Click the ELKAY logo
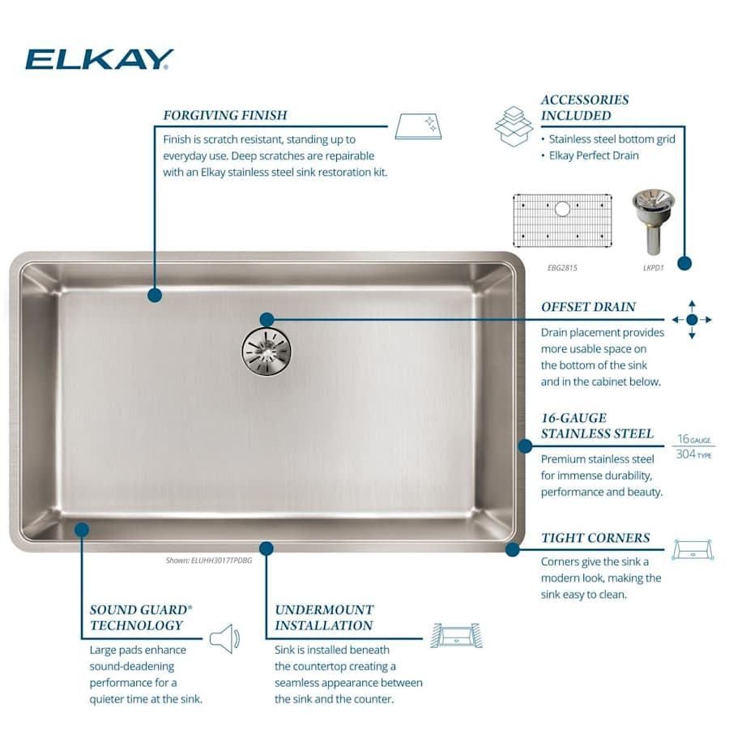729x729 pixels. pyautogui.click(x=99, y=59)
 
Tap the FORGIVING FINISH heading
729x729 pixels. pyautogui.click(x=224, y=115)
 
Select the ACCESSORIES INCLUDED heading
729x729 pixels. pyautogui.click(x=585, y=108)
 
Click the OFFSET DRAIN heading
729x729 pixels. pyautogui.click(x=588, y=307)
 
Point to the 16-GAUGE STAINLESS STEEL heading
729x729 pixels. pyautogui.click(x=597, y=425)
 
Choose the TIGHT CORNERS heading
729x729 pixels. pyautogui.click(x=595, y=538)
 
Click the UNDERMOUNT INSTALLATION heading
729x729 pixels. pyautogui.click(x=324, y=617)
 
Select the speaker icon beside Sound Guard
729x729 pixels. pyautogui.click(x=224, y=638)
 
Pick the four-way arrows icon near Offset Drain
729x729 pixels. pyautogui.click(x=692, y=320)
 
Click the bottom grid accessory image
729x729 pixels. pyautogui.click(x=562, y=220)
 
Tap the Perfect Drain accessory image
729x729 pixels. pyautogui.click(x=652, y=221)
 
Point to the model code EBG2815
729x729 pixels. pyautogui.click(x=561, y=266)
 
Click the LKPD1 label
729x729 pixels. pyautogui.click(x=652, y=266)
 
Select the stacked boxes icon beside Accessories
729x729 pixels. pyautogui.click(x=514, y=126)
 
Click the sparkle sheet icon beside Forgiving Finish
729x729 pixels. pyautogui.click(x=419, y=126)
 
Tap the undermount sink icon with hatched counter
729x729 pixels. pyautogui.click(x=456, y=635)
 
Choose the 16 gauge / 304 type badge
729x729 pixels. pyautogui.click(x=693, y=446)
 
